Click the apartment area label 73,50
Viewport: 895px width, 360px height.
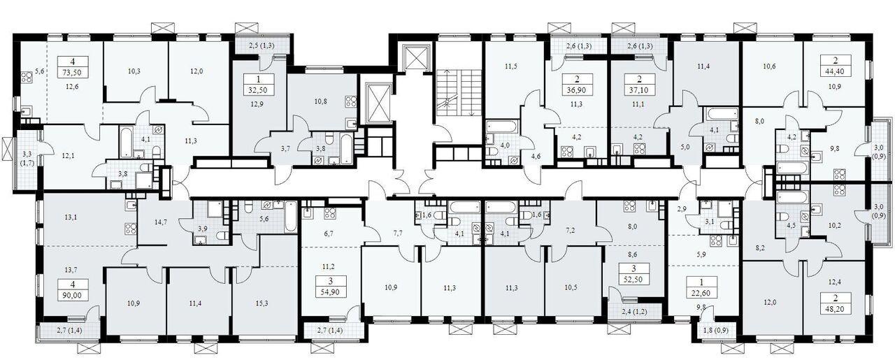point(73,73)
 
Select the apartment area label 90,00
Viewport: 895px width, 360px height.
point(73,295)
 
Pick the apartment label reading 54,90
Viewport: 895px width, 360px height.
point(331,292)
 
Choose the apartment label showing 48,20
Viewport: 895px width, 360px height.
point(836,309)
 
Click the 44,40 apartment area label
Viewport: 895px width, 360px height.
point(836,73)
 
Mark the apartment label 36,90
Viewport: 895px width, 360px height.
point(576,90)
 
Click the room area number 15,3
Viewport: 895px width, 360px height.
point(262,303)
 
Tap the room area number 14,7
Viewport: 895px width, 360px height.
point(160,222)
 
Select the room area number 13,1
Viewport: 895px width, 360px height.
point(71,217)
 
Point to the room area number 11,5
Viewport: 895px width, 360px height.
point(510,66)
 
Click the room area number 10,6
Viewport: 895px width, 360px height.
point(769,66)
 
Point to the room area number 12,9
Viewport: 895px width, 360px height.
point(258,104)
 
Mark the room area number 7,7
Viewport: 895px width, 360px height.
point(397,233)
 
